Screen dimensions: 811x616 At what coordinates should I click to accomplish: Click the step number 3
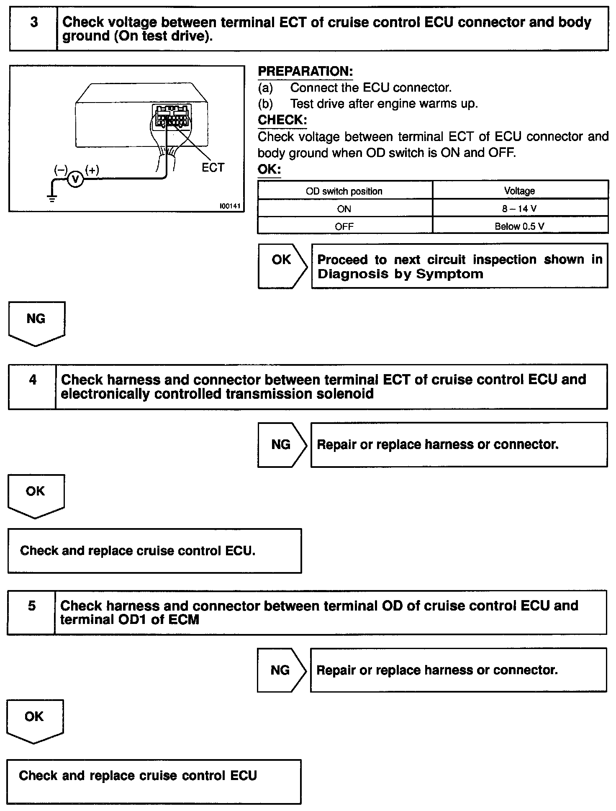pyautogui.click(x=34, y=22)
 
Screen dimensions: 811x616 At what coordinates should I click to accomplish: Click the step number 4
pyautogui.click(x=33, y=380)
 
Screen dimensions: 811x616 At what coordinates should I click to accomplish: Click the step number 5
pyautogui.click(x=32, y=606)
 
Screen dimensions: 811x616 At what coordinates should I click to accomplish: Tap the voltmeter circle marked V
pyautogui.click(x=75, y=180)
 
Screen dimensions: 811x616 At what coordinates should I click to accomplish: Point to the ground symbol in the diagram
pyautogui.click(x=52, y=198)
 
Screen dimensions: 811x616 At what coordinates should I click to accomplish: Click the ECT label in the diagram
pyautogui.click(x=213, y=168)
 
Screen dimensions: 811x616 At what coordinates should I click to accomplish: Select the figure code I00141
pyautogui.click(x=229, y=206)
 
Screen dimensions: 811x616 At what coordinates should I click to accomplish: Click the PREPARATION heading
pyautogui.click(x=305, y=72)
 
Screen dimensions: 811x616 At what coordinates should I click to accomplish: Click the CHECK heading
pyautogui.click(x=282, y=120)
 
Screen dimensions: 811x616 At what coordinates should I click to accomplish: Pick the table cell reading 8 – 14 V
pyautogui.click(x=519, y=208)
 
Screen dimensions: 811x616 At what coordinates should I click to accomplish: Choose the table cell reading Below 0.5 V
pyautogui.click(x=519, y=226)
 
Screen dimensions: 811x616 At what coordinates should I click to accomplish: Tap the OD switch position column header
pyautogui.click(x=344, y=191)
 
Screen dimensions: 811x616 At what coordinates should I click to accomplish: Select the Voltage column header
pyautogui.click(x=519, y=191)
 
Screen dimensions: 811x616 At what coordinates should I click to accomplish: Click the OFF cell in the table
pyautogui.click(x=344, y=226)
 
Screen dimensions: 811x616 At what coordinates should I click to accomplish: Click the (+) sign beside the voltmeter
pyautogui.click(x=92, y=169)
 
